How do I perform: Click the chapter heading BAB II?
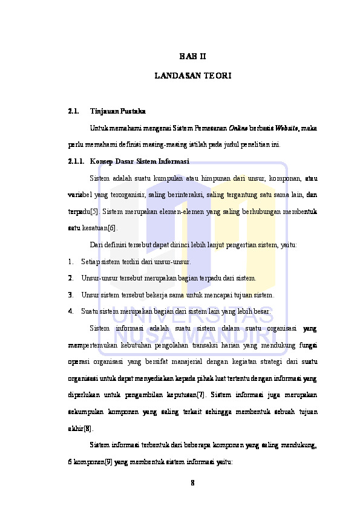coord(192,57)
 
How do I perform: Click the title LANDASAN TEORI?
coord(192,77)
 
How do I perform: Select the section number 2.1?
coord(73,112)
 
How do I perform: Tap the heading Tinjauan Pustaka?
coord(117,112)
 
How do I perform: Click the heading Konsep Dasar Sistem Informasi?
coord(139,162)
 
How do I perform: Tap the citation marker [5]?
coord(94,212)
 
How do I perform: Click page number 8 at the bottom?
coord(192,483)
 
